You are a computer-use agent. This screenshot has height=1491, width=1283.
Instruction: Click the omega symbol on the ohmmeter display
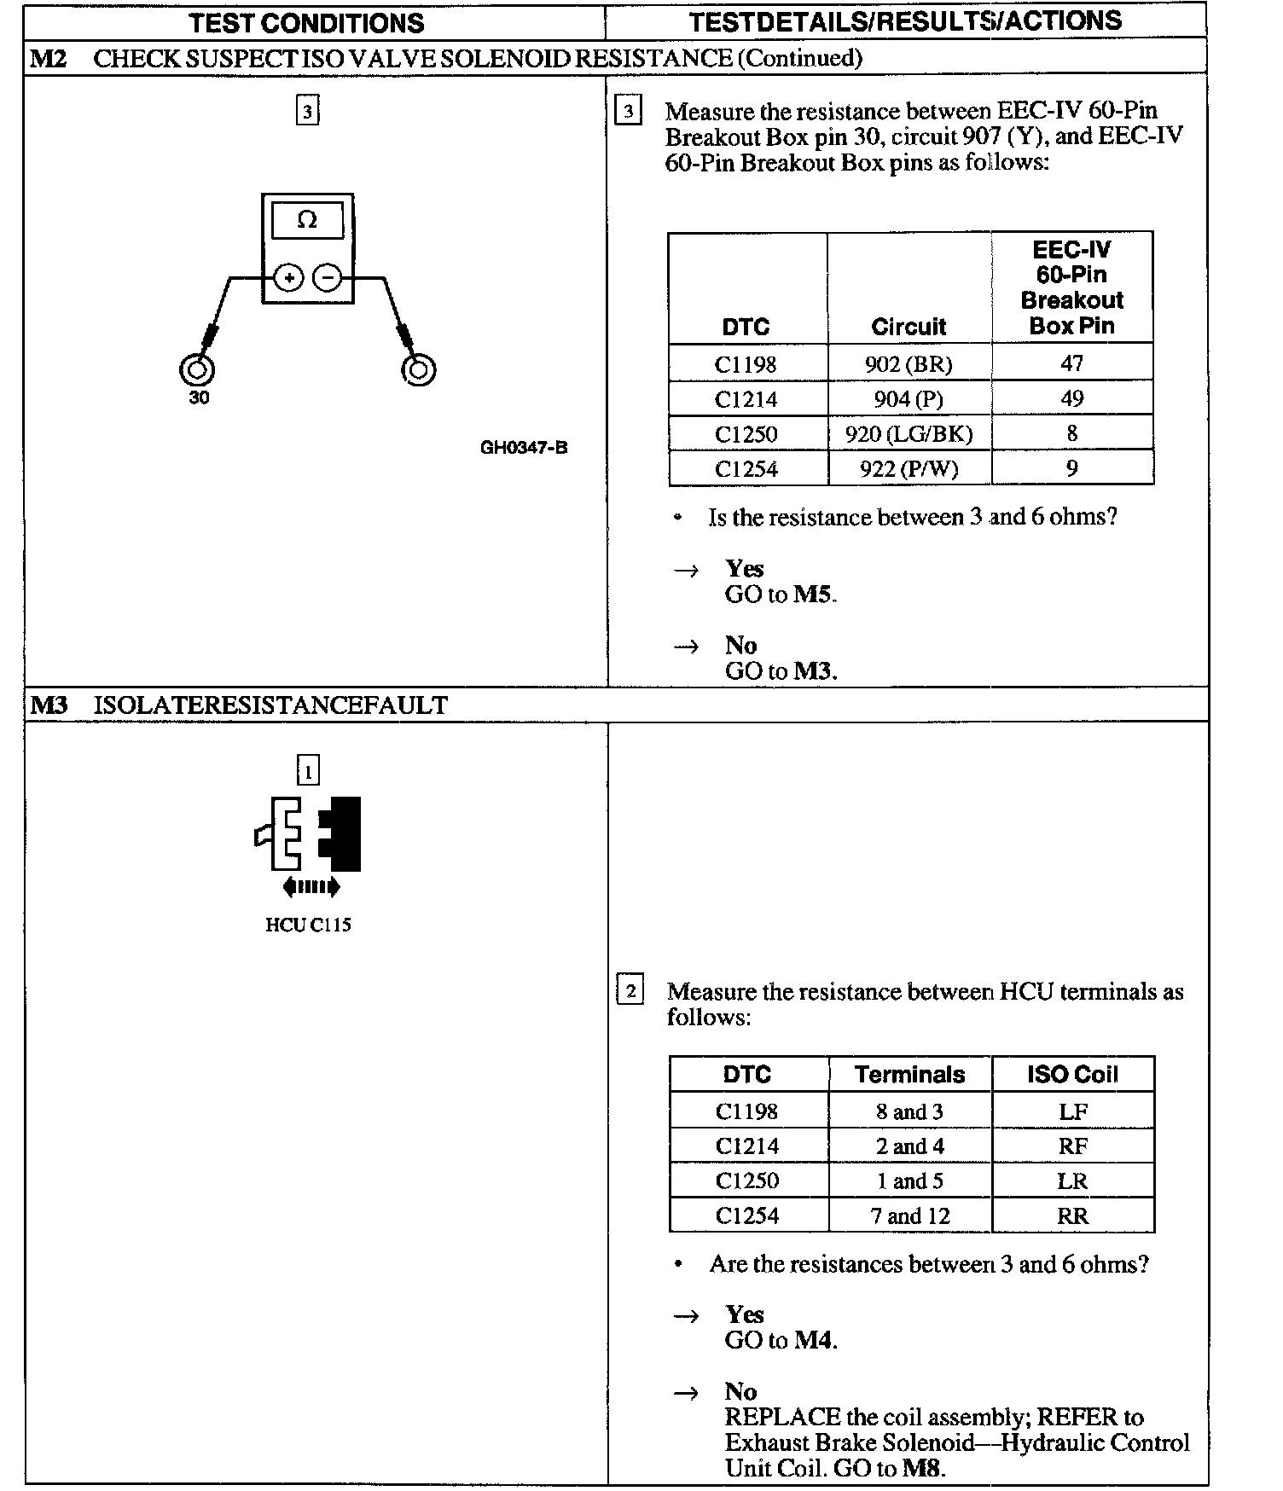pos(307,220)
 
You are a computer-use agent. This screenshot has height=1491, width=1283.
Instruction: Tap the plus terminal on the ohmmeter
pos(289,278)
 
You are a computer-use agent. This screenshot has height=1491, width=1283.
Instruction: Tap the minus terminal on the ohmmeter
pos(328,278)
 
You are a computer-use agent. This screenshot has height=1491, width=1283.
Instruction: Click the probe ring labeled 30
pos(197,370)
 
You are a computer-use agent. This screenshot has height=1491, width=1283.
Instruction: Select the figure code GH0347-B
pos(524,447)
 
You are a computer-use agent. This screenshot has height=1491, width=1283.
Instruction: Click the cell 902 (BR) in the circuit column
pos(909,364)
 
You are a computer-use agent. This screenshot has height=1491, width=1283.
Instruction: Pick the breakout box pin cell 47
pos(1071,363)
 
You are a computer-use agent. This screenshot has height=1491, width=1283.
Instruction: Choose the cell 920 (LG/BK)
pos(909,434)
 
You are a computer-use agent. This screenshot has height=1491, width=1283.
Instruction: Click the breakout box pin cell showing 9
pos(1071,468)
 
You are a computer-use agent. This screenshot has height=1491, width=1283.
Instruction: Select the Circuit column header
pos(909,326)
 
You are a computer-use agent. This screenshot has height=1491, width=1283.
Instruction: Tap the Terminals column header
pos(909,1075)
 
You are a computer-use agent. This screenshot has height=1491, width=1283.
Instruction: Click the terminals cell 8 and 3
pos(909,1111)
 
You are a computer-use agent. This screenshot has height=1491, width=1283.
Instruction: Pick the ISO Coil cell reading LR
pos(1072,1181)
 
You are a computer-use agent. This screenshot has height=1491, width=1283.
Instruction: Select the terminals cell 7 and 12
pos(909,1216)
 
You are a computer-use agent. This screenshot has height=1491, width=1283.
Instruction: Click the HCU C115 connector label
pos(308,925)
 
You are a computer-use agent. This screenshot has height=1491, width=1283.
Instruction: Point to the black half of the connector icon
pos(342,833)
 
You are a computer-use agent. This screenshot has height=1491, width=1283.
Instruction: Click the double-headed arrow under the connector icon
pos(311,887)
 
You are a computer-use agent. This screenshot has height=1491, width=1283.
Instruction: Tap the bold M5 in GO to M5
pos(812,595)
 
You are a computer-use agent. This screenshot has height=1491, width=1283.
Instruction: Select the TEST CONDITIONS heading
pos(307,22)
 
